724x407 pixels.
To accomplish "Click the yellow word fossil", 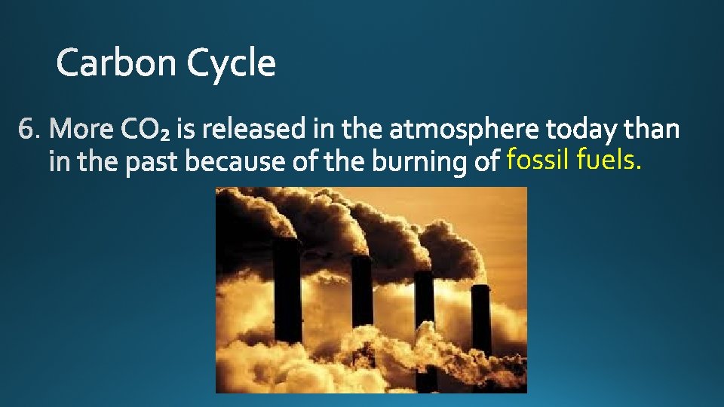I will point(538,160).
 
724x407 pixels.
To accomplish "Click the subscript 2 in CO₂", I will point(166,136).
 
